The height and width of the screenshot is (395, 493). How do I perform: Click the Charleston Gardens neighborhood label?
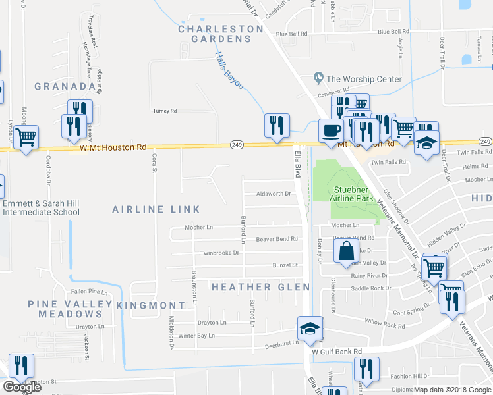(215, 34)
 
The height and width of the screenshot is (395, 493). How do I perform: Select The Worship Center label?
(364, 79)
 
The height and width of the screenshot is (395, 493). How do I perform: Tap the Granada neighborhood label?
(65, 86)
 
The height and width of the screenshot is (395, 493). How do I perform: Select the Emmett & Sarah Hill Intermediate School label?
(41, 207)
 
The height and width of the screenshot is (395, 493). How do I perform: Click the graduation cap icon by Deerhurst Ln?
(308, 329)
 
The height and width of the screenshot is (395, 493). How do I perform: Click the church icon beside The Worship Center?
(318, 78)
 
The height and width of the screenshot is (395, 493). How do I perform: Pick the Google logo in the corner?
(22, 386)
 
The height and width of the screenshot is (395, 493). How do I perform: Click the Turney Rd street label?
(165, 111)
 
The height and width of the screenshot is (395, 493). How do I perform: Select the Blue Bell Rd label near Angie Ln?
(393, 32)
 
